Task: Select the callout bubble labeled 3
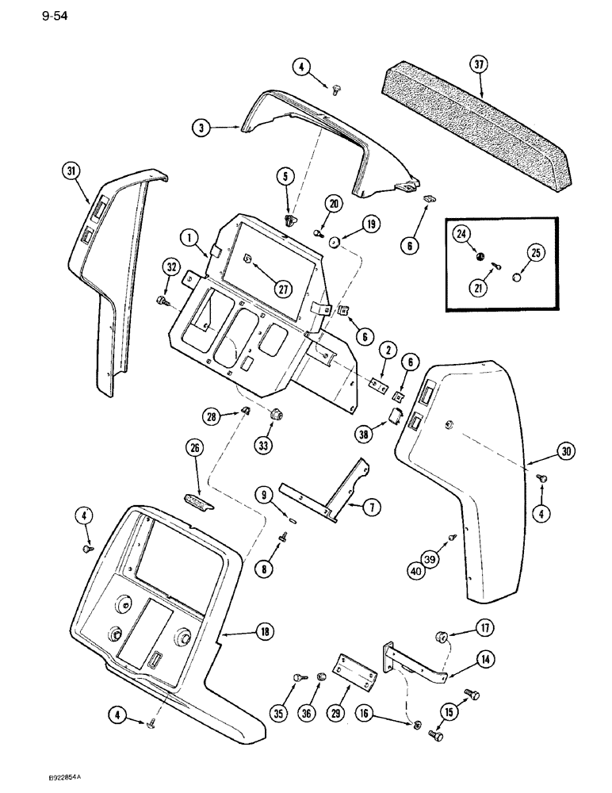203,127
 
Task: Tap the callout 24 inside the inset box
461,234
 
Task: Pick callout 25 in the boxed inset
534,254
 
